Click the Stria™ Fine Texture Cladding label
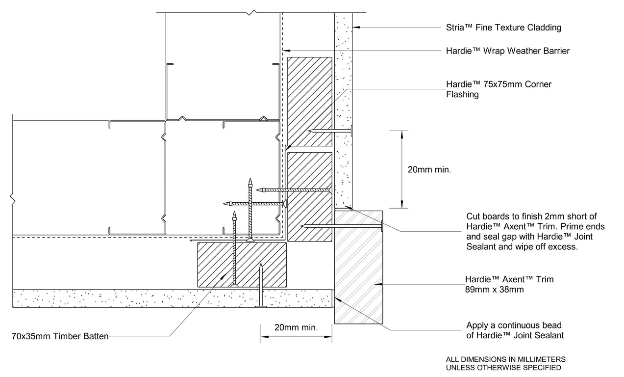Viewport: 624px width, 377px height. tap(503, 27)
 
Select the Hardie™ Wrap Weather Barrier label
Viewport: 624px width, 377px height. tap(508, 51)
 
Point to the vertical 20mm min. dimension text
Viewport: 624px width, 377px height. tap(429, 170)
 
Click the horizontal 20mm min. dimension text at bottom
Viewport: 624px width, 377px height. tap(296, 327)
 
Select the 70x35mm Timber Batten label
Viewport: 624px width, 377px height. tap(60, 336)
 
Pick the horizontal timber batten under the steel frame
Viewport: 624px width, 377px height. tap(242, 264)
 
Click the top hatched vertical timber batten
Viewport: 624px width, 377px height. tap(309, 102)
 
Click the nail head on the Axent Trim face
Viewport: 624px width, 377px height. tap(382, 226)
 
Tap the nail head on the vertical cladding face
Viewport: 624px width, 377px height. tap(351, 131)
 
